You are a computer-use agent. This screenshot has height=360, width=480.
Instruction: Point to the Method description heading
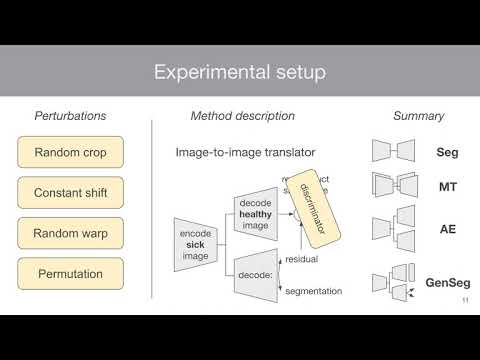tap(243, 116)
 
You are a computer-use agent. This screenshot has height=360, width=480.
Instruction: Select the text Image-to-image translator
tap(232, 153)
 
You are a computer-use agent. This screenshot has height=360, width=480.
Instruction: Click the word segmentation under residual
tap(314, 291)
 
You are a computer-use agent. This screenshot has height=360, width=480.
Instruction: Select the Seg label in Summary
tap(447, 153)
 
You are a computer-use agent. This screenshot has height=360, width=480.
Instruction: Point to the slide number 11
tap(464, 301)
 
